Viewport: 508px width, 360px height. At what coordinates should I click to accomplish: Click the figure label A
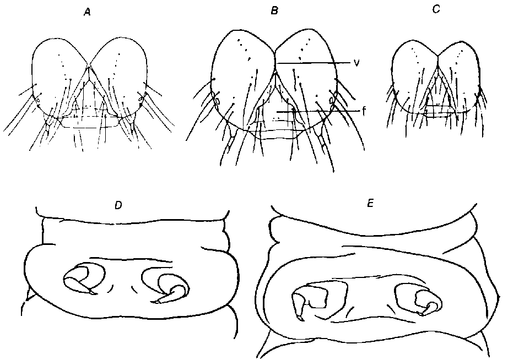[x=87, y=13]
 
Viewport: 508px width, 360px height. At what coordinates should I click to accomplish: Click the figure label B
[x=274, y=12]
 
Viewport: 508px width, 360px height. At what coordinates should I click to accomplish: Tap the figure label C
[x=436, y=10]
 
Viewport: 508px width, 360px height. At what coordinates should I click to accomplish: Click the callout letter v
[x=356, y=63]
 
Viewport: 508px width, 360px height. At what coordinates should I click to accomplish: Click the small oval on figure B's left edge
[x=218, y=101]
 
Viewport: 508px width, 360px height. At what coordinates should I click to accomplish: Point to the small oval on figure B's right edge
[x=332, y=100]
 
